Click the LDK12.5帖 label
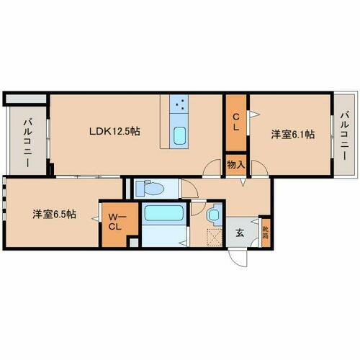[x=114, y=132]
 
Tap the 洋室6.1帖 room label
[x=292, y=134]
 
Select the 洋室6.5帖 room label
[x=54, y=215]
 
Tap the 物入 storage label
[x=235, y=165]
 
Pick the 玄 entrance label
[x=239, y=232]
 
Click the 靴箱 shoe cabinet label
[x=265, y=232]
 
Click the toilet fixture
[x=150, y=189]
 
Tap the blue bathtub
[x=164, y=214]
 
